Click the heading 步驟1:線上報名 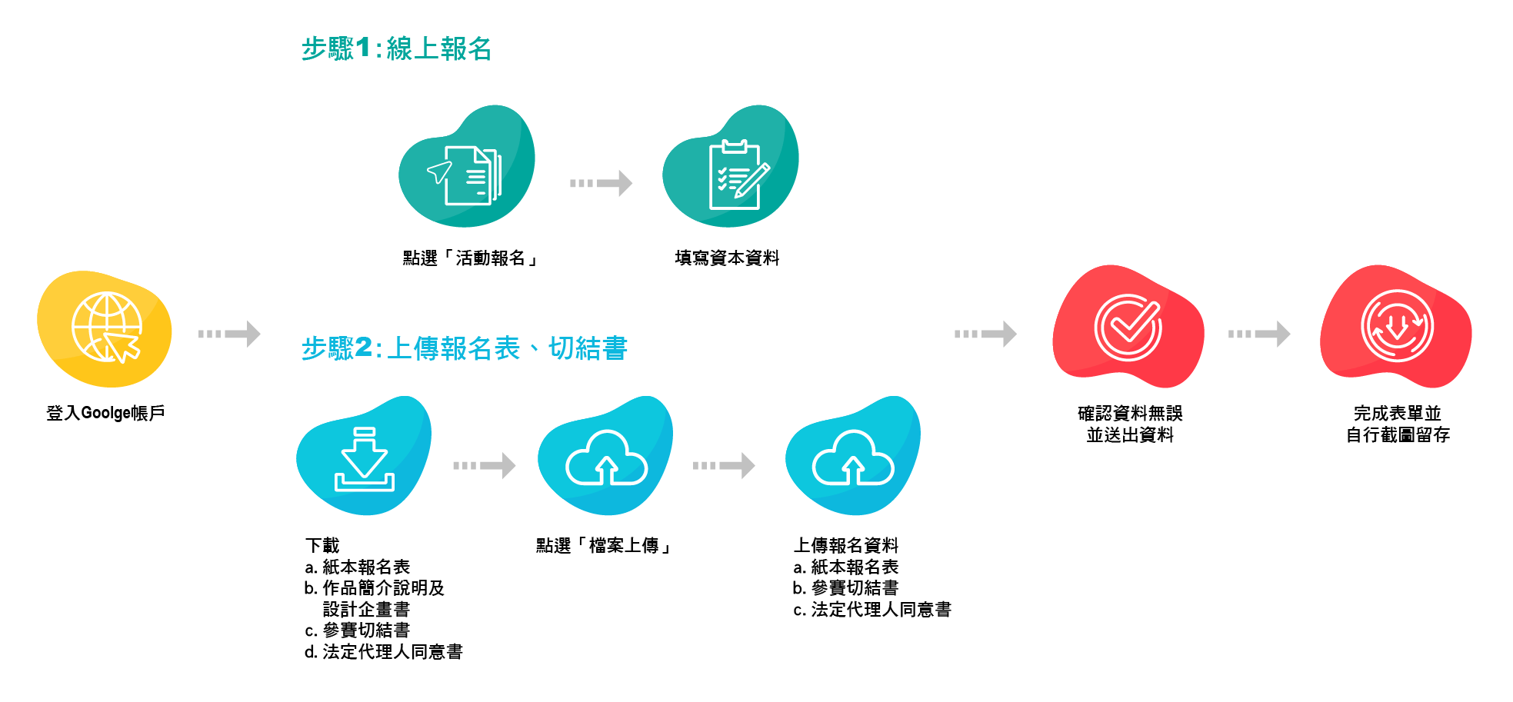tap(396, 49)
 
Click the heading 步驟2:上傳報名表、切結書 tap(464, 348)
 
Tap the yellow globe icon tap(106, 328)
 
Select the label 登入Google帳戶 tap(105, 413)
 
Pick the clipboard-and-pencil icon tap(736, 175)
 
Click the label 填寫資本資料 tap(727, 258)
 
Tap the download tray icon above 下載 tap(364, 460)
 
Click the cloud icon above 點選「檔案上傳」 tap(606, 459)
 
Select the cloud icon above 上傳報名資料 tap(852, 459)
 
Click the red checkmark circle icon tap(1128, 328)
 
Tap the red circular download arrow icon tap(1397, 327)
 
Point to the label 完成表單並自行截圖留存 tap(1397, 424)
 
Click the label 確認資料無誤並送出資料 tap(1130, 424)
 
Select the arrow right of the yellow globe tap(229, 334)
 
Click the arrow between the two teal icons tap(601, 183)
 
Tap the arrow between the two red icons tap(1259, 334)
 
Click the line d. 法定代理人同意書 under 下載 tap(384, 652)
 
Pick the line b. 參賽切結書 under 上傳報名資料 tap(846, 588)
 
